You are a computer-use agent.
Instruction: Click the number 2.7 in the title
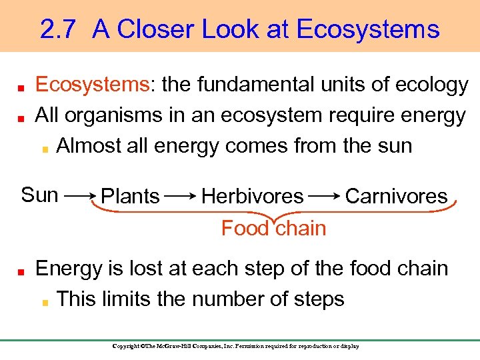pyautogui.click(x=58, y=29)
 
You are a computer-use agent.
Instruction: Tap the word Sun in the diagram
pyautogui.click(x=39, y=195)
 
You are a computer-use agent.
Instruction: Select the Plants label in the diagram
pyautogui.click(x=130, y=196)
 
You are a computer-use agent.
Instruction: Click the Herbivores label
pyautogui.click(x=252, y=196)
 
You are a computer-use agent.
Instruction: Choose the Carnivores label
pyautogui.click(x=396, y=196)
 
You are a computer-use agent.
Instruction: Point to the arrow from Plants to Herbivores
pyautogui.click(x=180, y=197)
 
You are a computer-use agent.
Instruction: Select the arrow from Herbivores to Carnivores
pyautogui.click(x=323, y=197)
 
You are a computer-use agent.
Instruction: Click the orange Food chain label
pyautogui.click(x=273, y=229)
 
